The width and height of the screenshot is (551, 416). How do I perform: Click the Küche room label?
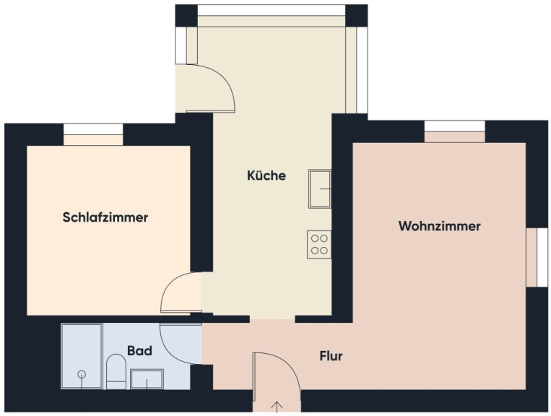[x=266, y=175]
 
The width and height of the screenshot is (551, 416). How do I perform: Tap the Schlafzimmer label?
[x=105, y=217]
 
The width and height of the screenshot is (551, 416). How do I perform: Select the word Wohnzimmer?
[x=439, y=225]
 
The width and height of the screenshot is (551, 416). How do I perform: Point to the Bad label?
[x=139, y=351]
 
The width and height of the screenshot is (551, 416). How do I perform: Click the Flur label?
[x=331, y=356]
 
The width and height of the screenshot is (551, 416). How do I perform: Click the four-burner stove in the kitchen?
[x=319, y=245]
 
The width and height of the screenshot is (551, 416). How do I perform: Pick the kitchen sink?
[x=320, y=188]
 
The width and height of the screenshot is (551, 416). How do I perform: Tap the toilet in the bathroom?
[x=116, y=371]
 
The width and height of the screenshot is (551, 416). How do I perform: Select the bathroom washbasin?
[x=147, y=379]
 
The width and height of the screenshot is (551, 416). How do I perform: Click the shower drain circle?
[x=82, y=374]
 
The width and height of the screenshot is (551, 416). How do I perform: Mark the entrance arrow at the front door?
[x=277, y=407]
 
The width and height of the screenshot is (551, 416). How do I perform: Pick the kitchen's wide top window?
[x=272, y=10]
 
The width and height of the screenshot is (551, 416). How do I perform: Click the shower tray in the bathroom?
[x=82, y=357]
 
